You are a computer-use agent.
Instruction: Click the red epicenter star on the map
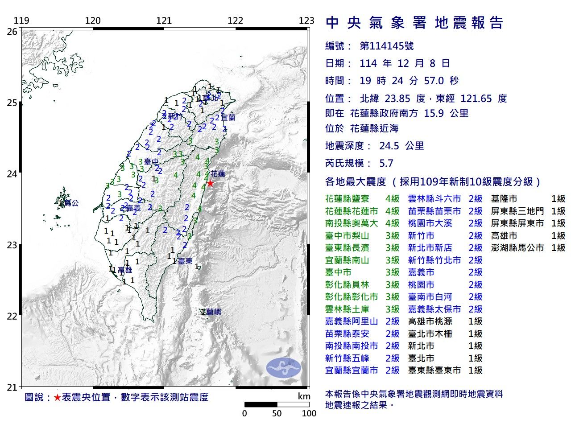[x=210, y=183]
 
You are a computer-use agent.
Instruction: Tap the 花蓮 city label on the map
[x=218, y=173]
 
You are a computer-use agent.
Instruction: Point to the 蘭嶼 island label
[x=213, y=312]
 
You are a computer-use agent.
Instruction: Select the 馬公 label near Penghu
[x=71, y=203]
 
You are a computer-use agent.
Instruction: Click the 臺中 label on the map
[x=151, y=161]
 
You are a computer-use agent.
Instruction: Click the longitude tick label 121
[x=164, y=21]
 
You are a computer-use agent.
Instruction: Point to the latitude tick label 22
[x=12, y=317]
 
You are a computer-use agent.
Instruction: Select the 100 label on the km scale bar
[x=309, y=413]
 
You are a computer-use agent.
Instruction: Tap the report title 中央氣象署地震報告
[x=414, y=23]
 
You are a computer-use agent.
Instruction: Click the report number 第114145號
[x=386, y=46]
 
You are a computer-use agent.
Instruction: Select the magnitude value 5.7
[x=386, y=163]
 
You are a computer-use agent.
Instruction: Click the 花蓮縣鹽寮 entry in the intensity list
[x=352, y=199]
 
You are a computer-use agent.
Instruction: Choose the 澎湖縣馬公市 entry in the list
[x=517, y=248]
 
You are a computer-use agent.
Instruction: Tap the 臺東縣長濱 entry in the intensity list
[x=352, y=248]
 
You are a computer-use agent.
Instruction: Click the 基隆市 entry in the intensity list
[x=504, y=199]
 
